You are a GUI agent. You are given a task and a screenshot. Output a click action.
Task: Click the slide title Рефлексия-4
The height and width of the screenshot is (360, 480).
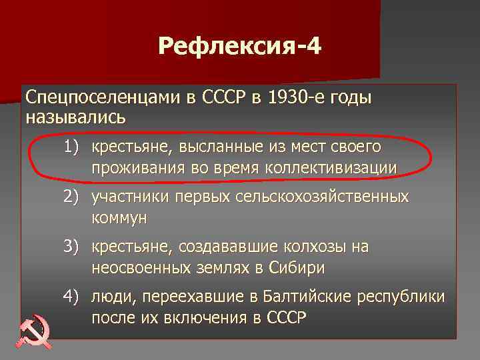pyautogui.click(x=239, y=47)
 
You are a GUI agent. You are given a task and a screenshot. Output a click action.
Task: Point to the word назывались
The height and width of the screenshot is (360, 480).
pyautogui.click(x=75, y=117)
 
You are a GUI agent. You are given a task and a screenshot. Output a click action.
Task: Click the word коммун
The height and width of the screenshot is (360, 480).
pyautogui.click(x=120, y=218)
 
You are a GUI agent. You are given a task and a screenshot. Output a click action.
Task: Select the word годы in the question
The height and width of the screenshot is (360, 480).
pyautogui.click(x=349, y=97)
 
